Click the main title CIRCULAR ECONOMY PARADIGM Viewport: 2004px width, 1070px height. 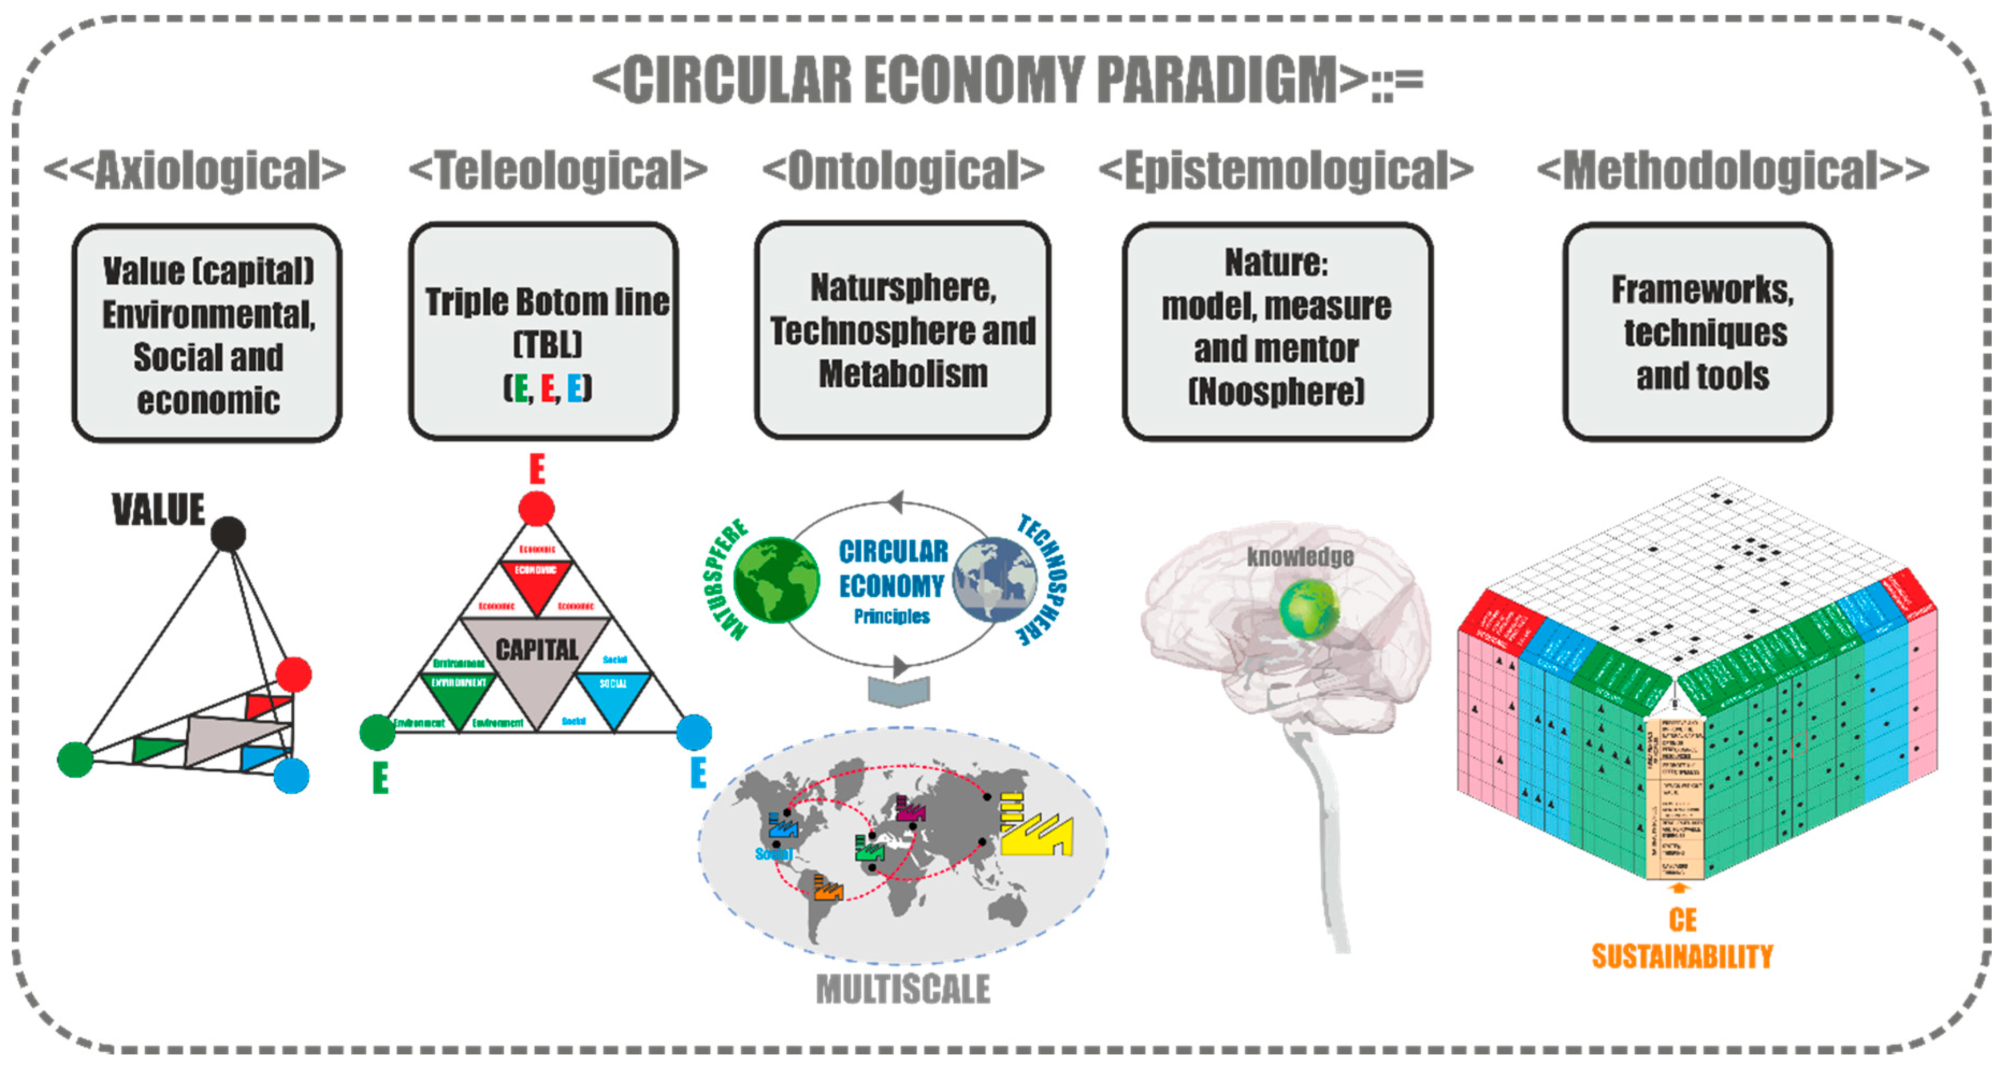tap(1007, 80)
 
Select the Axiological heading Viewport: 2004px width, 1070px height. tap(194, 170)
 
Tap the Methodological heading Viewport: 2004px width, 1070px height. tap(1733, 170)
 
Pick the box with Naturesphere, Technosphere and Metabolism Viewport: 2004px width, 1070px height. tap(903, 330)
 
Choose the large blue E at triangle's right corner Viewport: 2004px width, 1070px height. tap(698, 773)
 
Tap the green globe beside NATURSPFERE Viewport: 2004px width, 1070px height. tap(775, 580)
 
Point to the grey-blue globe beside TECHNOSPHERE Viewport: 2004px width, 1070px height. tap(995, 580)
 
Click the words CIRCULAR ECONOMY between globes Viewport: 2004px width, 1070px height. tap(892, 568)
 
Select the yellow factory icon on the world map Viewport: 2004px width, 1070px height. tap(1036, 827)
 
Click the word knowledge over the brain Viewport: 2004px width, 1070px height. tap(1300, 556)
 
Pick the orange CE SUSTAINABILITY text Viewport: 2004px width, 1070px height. tap(1682, 939)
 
